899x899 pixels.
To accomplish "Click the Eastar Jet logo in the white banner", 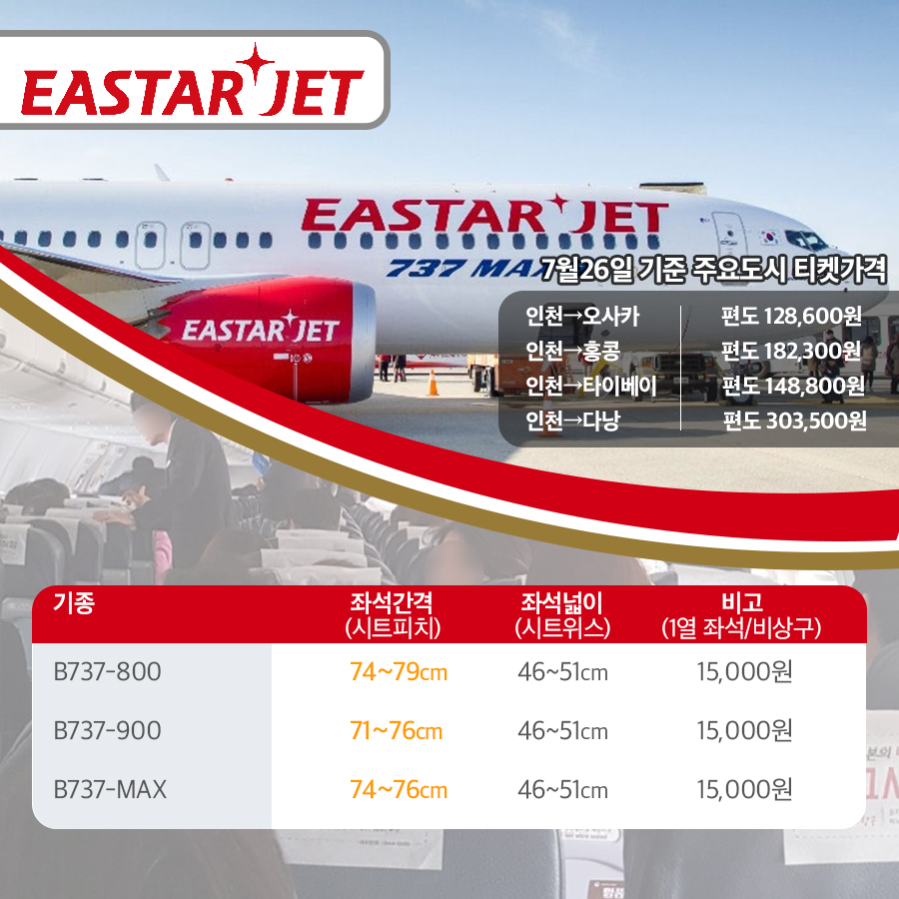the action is click(193, 80).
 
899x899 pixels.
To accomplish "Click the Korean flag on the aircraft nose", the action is click(769, 236).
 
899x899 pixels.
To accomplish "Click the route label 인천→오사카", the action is click(582, 316).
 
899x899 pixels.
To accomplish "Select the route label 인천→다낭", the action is click(572, 421).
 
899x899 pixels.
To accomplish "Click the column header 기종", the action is click(74, 603).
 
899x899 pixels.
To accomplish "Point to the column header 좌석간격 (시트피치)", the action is click(393, 615).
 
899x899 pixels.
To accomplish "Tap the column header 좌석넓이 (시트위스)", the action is click(562, 615).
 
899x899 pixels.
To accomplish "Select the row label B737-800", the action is click(107, 672).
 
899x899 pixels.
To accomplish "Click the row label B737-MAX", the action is click(110, 789).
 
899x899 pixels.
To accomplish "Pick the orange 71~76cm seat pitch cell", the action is click(397, 731).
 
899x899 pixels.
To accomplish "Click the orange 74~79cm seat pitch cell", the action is click(399, 672).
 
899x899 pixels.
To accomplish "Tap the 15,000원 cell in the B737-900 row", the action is click(745, 731).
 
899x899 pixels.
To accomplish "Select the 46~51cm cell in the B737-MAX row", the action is click(562, 790).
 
